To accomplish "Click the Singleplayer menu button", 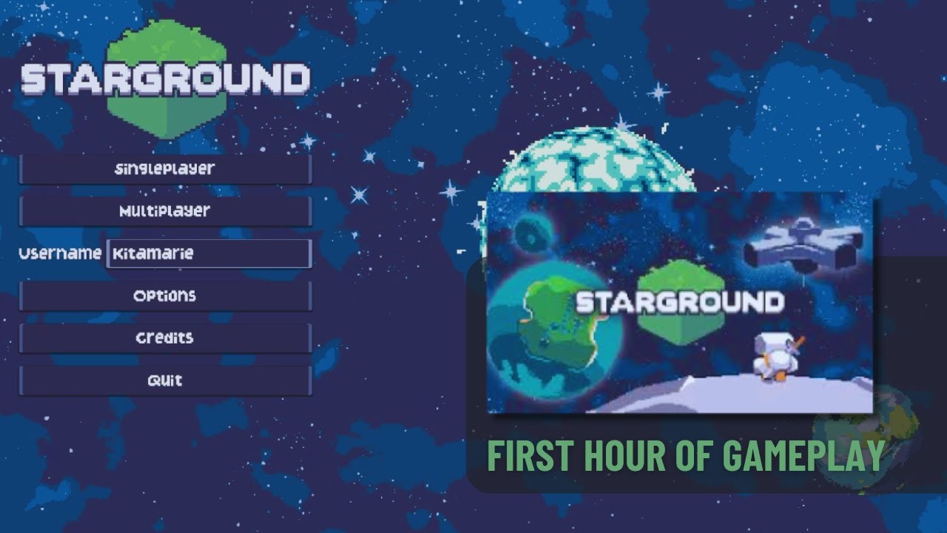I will click(164, 169).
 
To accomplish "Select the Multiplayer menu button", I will click(164, 211).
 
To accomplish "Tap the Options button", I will click(164, 295).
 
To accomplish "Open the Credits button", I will click(164, 338).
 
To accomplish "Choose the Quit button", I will click(164, 381).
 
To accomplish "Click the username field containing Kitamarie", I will click(209, 253).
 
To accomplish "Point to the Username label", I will click(60, 253).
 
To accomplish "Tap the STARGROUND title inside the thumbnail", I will click(679, 302).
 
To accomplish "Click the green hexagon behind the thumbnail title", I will click(679, 278).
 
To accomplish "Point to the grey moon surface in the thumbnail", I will click(732, 396).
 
